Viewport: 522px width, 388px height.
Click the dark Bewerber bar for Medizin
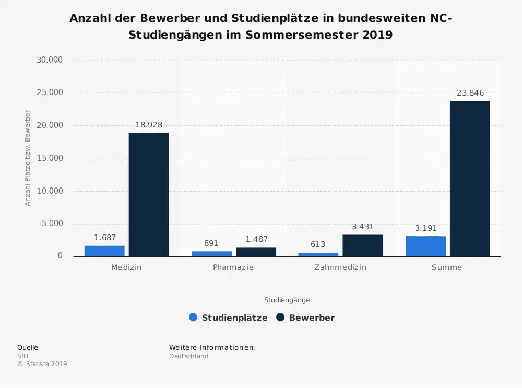click(149, 194)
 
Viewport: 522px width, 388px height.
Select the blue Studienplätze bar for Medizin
click(104, 251)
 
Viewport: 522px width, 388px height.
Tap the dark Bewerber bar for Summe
click(470, 178)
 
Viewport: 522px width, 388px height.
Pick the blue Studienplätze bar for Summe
click(425, 246)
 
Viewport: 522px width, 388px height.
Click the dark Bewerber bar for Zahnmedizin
click(362, 245)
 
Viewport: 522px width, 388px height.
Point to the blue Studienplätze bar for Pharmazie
click(211, 253)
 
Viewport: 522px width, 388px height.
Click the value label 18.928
click(149, 125)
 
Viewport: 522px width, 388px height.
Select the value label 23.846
click(470, 93)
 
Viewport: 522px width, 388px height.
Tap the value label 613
click(318, 244)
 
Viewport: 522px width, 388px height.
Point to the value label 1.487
click(256, 239)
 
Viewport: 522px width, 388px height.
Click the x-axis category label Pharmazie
click(233, 267)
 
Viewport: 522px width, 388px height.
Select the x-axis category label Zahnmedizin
click(340, 267)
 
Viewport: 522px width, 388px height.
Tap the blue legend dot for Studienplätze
click(193, 317)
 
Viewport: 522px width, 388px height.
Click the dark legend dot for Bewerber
click(280, 317)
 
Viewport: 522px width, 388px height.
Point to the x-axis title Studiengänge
click(287, 300)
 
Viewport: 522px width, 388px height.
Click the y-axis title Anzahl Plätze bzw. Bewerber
click(28, 158)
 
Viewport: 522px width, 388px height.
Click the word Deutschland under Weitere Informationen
click(188, 356)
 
